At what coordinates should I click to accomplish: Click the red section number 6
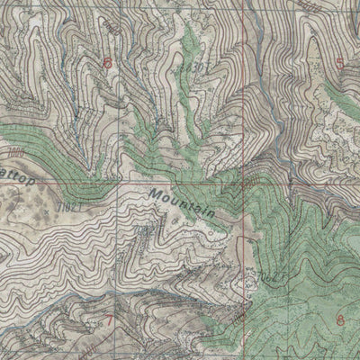click(109, 63)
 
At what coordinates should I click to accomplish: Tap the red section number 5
click(340, 62)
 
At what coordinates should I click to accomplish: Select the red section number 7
click(109, 319)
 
